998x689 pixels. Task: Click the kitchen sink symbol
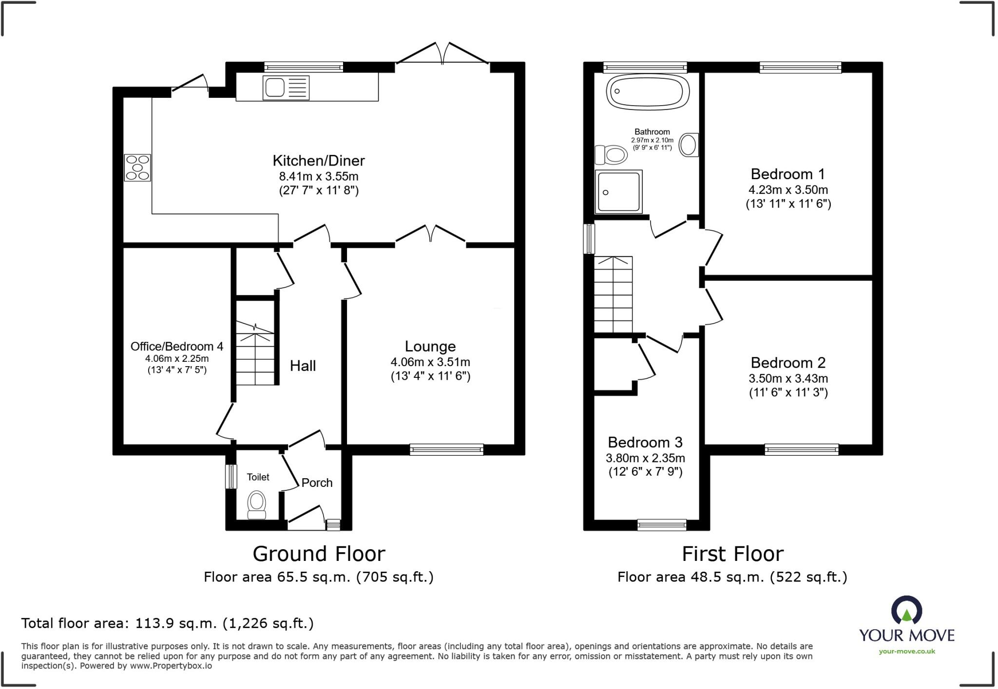click(x=286, y=88)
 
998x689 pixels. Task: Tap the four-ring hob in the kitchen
click(x=137, y=168)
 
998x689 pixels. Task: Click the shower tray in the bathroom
click(x=618, y=192)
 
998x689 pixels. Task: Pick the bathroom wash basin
click(x=689, y=145)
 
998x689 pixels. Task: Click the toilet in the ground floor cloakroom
click(x=257, y=505)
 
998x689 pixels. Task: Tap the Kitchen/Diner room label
click(x=319, y=161)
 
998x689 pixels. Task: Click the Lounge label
click(x=430, y=346)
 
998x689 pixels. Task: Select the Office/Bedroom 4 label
click(x=177, y=346)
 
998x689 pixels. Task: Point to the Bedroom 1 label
click(x=788, y=174)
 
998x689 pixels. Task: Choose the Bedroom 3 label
click(x=645, y=442)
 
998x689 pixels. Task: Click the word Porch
click(x=317, y=483)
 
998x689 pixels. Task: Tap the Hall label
click(x=303, y=366)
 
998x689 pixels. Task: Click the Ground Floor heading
click(x=319, y=554)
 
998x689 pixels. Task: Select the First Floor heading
click(x=732, y=554)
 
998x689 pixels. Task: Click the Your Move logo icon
click(x=906, y=610)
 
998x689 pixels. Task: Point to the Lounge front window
click(x=446, y=449)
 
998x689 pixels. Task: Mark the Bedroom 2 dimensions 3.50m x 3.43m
click(x=788, y=378)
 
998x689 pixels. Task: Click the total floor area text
click(x=168, y=623)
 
